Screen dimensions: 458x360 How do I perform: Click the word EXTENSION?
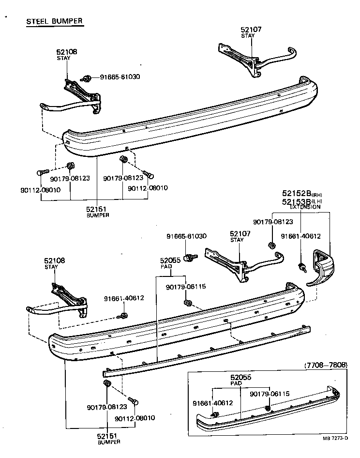tap(305, 207)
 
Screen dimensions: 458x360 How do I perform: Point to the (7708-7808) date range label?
tap(326, 365)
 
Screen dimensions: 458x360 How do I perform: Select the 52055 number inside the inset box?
tap(240, 377)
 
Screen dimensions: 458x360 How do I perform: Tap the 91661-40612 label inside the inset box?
tap(212, 402)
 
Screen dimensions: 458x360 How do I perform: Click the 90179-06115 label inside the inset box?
tap(269, 394)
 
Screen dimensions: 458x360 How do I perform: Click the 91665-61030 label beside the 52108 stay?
tap(120, 77)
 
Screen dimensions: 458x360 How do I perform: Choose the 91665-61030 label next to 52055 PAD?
tap(186, 236)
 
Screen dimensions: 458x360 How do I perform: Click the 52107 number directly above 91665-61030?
tap(240, 233)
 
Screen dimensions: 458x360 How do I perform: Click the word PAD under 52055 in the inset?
tap(236, 383)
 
